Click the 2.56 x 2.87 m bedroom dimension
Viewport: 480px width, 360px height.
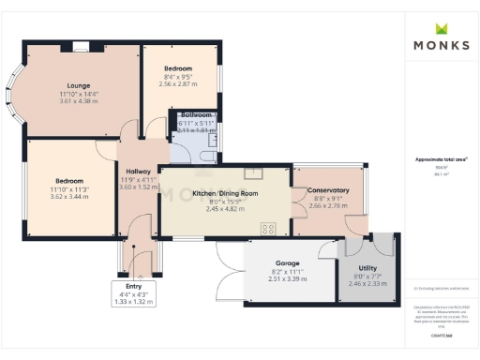click(x=178, y=83)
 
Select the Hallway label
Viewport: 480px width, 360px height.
click(x=138, y=171)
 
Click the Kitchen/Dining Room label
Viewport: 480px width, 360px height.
click(x=225, y=192)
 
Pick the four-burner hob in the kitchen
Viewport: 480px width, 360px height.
click(x=268, y=228)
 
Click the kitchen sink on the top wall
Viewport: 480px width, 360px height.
click(x=253, y=172)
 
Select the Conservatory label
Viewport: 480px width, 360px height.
click(x=329, y=190)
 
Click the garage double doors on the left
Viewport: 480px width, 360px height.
click(x=229, y=272)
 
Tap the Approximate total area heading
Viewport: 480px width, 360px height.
click(x=442, y=159)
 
